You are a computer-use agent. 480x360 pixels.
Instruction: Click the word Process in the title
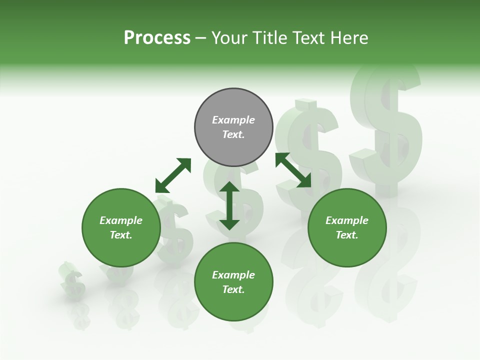[x=157, y=38]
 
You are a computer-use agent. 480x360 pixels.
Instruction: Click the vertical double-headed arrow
[x=229, y=205]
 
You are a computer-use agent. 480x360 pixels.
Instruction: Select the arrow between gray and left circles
[x=173, y=175]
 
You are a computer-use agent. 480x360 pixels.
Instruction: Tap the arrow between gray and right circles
[x=293, y=170]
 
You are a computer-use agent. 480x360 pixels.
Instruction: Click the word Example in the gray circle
[x=233, y=120]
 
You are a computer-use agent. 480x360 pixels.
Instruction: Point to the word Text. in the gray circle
[x=233, y=134]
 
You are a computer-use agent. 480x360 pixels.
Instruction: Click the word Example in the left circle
[x=121, y=220]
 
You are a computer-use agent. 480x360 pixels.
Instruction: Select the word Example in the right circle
[x=347, y=220]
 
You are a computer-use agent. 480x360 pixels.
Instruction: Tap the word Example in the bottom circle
[x=233, y=275]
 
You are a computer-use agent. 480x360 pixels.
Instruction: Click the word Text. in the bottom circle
[x=233, y=289]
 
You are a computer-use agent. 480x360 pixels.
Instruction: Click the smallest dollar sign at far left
[x=72, y=282]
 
